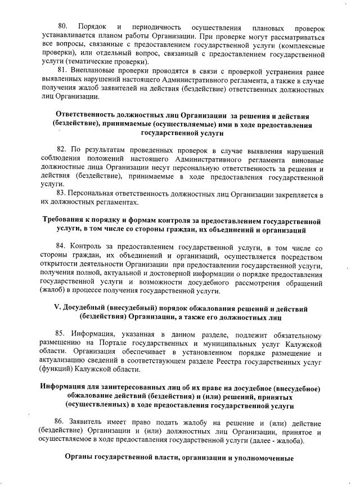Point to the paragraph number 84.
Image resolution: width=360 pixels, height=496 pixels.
click(x=62, y=247)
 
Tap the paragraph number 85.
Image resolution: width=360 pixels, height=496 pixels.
click(x=62, y=335)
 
